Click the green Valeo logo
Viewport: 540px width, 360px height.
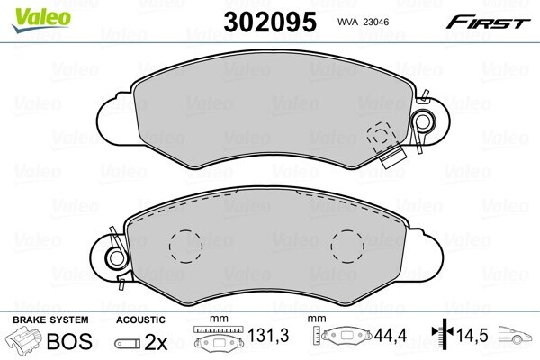[x=41, y=20]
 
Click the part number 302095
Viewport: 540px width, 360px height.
[x=270, y=22]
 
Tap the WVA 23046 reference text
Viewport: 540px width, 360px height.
[x=363, y=22]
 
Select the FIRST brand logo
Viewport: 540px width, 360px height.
[x=488, y=22]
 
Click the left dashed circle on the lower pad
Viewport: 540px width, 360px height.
[x=185, y=247]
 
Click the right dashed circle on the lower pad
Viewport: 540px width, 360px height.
[x=347, y=247]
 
